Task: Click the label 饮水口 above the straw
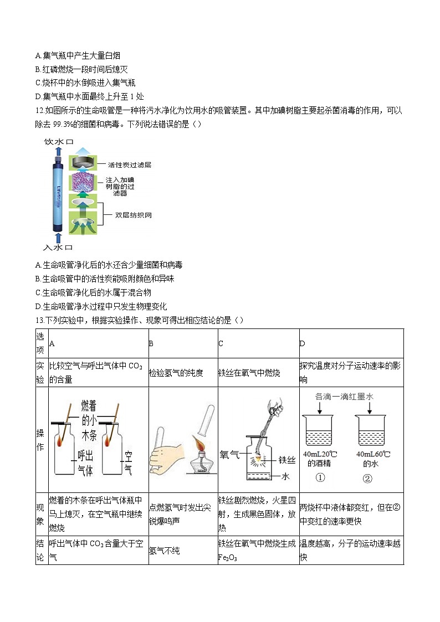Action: pos(58,142)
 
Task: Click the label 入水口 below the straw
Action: pos(58,246)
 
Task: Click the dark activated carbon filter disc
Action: pos(82,161)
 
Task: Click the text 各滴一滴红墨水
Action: pos(344,396)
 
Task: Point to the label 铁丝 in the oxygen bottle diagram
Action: pos(286,459)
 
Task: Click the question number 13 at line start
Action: pos(39,321)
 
